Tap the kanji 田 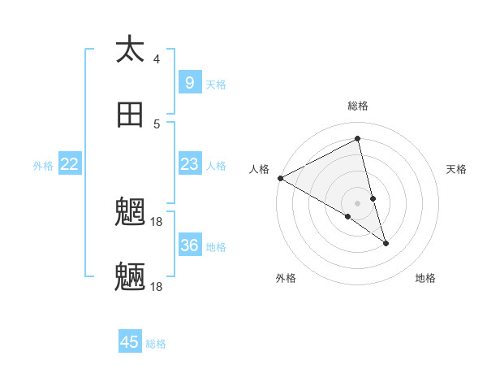point(130,115)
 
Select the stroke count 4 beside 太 point(157,59)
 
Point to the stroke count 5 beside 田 point(157,124)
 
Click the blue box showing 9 point(189,82)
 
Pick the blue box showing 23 point(189,164)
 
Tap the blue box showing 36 point(190,245)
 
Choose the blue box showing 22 point(70,164)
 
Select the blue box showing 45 point(130,342)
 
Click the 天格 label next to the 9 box point(216,84)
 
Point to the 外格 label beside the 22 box point(43,165)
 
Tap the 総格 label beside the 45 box point(156,344)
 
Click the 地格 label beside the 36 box point(216,246)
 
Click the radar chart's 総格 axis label point(358,106)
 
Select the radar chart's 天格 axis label point(456,169)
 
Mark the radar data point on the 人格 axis point(280,178)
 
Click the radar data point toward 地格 point(386,243)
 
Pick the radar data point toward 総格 point(358,138)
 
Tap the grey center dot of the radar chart point(358,202)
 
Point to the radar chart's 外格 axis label point(286,278)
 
